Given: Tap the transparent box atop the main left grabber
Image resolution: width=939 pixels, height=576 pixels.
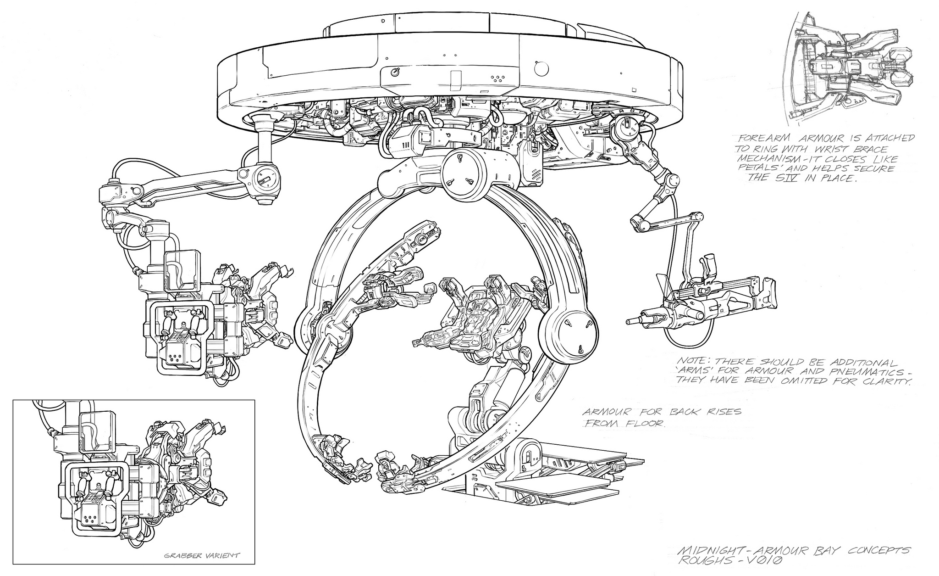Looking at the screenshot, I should click(182, 271).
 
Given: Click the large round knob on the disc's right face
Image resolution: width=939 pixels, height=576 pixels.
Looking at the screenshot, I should click(541, 68).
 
